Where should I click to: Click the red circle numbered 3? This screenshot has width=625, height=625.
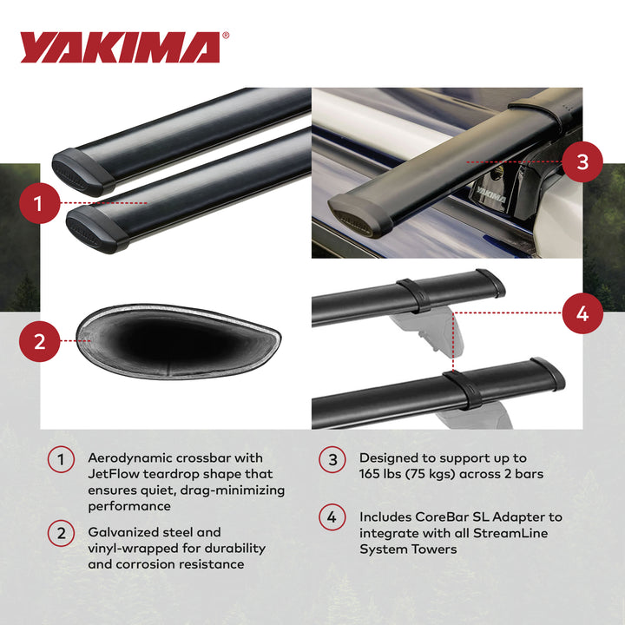coord(582,161)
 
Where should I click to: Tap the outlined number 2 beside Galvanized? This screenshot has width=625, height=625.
coord(61,532)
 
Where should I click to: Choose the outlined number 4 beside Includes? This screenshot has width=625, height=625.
coord(332,517)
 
